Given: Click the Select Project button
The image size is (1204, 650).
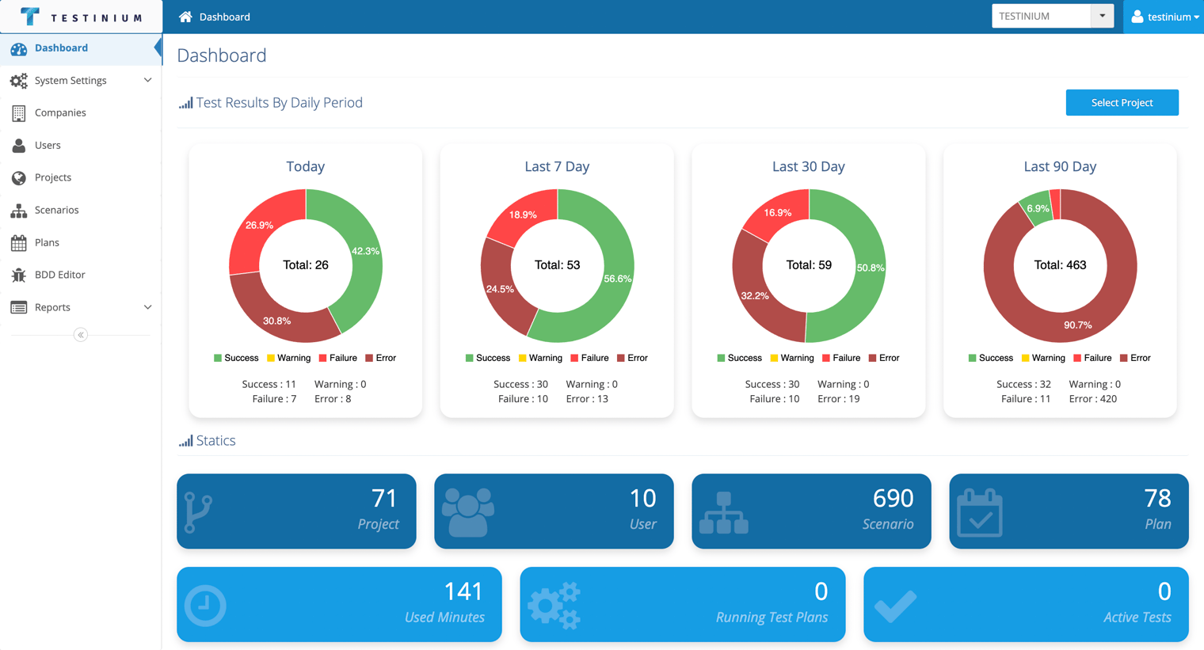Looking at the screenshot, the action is pyautogui.click(x=1122, y=103).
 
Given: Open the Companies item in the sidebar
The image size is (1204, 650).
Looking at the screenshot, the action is pyautogui.click(x=60, y=112).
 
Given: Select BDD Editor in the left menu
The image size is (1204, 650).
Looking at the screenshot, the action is pyautogui.click(x=59, y=275).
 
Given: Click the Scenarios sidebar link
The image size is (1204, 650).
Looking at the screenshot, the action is pyautogui.click(x=56, y=210).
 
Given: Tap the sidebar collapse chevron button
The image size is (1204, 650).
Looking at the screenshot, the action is pyautogui.click(x=81, y=335).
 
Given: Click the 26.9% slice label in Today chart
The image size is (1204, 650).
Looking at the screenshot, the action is pyautogui.click(x=259, y=225).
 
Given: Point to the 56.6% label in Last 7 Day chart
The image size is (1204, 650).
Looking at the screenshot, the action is pyautogui.click(x=618, y=279).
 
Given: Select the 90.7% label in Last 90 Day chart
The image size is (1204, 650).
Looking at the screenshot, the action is pyautogui.click(x=1078, y=325).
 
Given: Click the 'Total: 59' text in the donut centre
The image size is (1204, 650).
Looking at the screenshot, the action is pyautogui.click(x=809, y=265).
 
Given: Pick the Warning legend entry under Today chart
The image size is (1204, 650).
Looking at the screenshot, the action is pyautogui.click(x=288, y=359).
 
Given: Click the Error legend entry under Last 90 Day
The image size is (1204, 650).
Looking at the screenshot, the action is pyautogui.click(x=1135, y=359).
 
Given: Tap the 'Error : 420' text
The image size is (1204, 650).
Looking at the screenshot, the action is pyautogui.click(x=1093, y=399).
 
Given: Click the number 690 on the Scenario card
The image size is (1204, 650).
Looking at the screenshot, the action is pyautogui.click(x=893, y=499).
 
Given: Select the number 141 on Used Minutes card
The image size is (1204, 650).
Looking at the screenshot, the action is pyautogui.click(x=463, y=592).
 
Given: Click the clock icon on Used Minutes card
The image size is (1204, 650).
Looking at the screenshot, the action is pyautogui.click(x=205, y=606).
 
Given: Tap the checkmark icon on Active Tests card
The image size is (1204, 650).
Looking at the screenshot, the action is pyautogui.click(x=895, y=606).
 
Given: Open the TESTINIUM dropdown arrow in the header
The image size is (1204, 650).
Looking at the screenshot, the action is pyautogui.click(x=1102, y=16).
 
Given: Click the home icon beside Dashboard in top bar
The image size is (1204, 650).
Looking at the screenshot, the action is pyautogui.click(x=185, y=17).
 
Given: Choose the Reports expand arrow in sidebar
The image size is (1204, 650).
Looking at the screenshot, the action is pyautogui.click(x=148, y=307).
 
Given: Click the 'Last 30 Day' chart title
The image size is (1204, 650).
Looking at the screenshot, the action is pyautogui.click(x=809, y=166).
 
